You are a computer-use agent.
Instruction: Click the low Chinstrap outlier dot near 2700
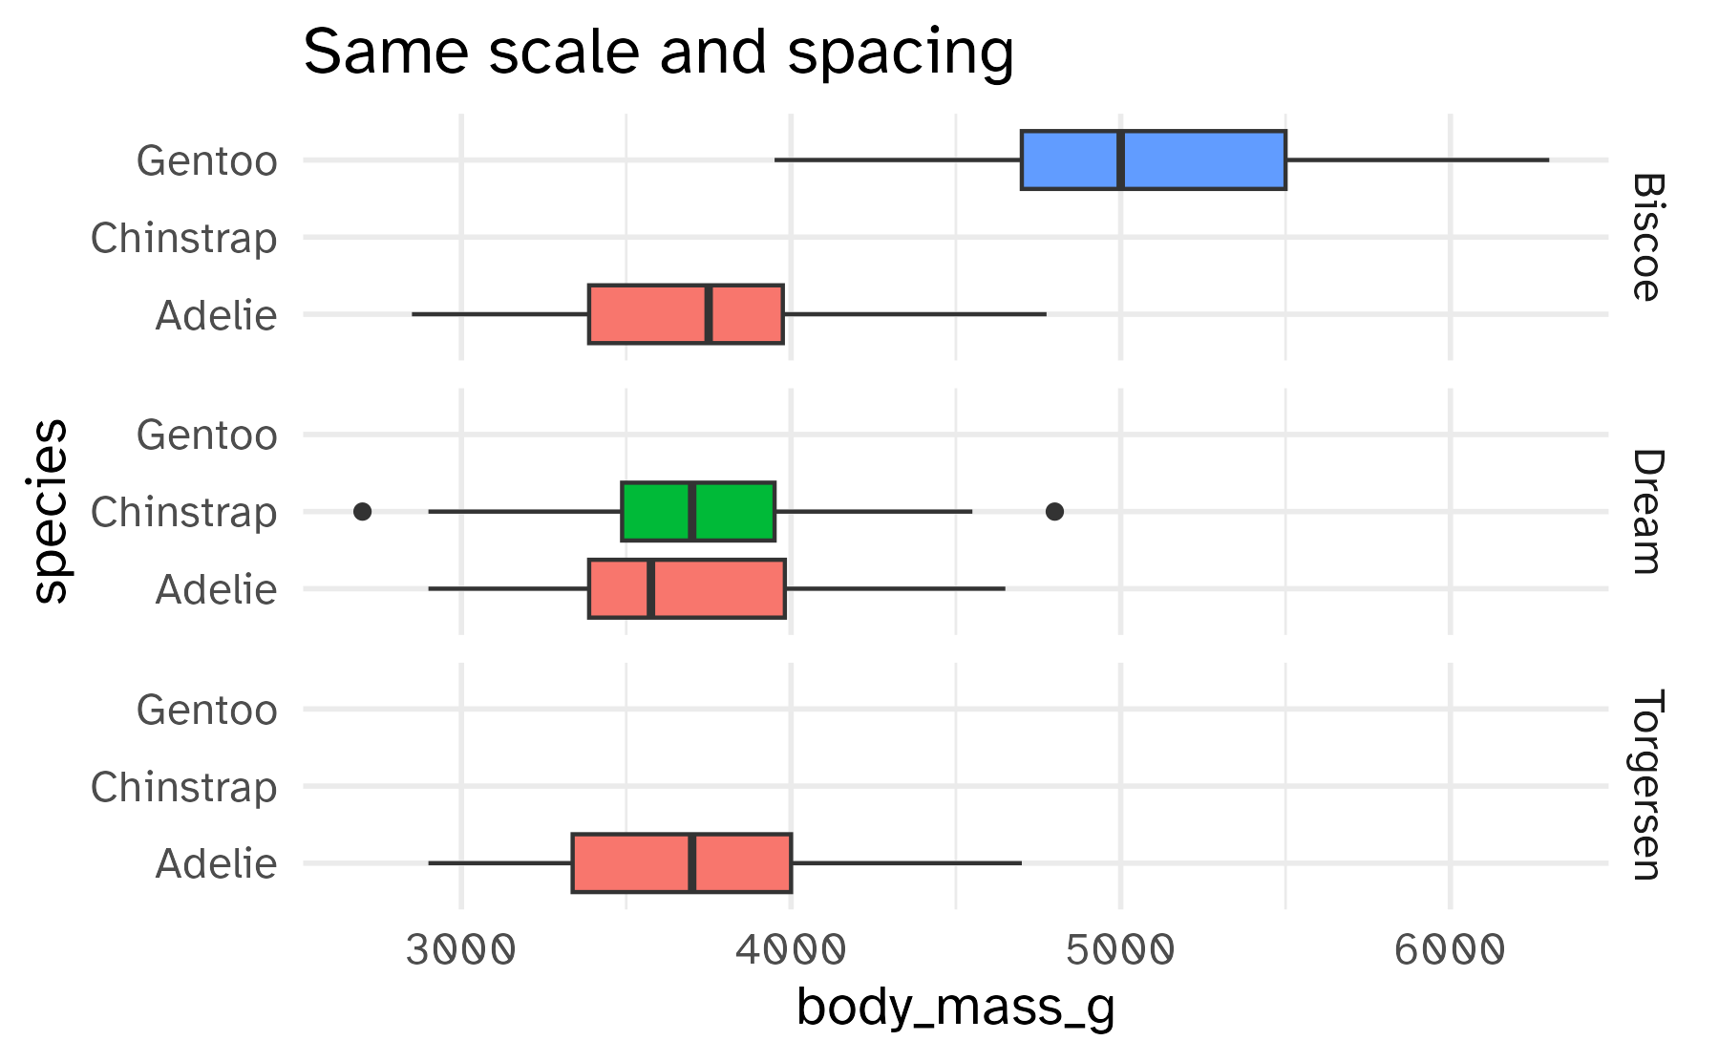pyautogui.click(x=362, y=512)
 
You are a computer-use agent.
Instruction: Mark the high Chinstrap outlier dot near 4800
pyautogui.click(x=1054, y=512)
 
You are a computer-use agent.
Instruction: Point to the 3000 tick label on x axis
pyautogui.click(x=460, y=951)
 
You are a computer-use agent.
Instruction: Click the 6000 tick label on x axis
pyautogui.click(x=1450, y=951)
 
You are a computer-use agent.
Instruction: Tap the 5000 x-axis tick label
pyautogui.click(x=1120, y=951)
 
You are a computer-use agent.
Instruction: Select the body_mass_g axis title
pyautogui.click(x=955, y=1009)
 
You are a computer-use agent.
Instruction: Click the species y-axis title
pyautogui.click(x=50, y=512)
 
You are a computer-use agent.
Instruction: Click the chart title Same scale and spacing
pyautogui.click(x=658, y=52)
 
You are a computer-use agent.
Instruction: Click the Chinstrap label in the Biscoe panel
pyautogui.click(x=184, y=238)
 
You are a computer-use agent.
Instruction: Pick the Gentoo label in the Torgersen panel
pyautogui.click(x=207, y=710)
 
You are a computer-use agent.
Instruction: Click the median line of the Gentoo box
pyautogui.click(x=1120, y=159)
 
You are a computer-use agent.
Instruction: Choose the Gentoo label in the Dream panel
pyautogui.click(x=207, y=435)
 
